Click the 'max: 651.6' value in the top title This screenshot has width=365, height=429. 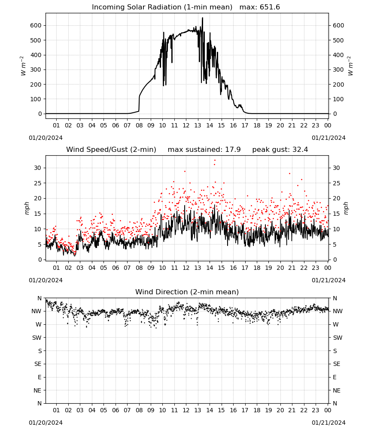[x=260, y=7]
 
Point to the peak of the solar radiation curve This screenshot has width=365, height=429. [x=203, y=18]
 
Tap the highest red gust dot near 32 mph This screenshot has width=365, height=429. [x=215, y=160]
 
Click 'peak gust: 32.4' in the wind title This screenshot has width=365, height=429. [x=280, y=149]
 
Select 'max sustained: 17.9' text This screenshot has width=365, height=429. [x=204, y=149]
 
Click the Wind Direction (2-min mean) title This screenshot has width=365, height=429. [x=187, y=292]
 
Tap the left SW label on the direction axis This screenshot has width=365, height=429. [x=36, y=338]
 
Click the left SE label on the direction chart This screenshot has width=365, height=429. [x=38, y=364]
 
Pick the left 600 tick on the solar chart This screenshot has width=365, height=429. [x=36, y=25]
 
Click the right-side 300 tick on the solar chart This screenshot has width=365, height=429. [x=338, y=69]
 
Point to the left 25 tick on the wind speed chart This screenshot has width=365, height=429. [x=37, y=183]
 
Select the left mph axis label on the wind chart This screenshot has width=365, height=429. [x=27, y=208]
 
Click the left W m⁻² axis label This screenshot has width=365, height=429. [x=23, y=66]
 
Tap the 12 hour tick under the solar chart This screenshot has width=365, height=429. [x=186, y=125]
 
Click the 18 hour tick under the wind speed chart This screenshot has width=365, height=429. [x=257, y=268]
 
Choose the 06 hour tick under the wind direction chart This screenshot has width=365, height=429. [x=116, y=410]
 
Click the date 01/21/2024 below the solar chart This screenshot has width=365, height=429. [x=328, y=138]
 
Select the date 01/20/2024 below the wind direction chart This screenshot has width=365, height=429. [x=46, y=423]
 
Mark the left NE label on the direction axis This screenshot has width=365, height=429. [x=37, y=390]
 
